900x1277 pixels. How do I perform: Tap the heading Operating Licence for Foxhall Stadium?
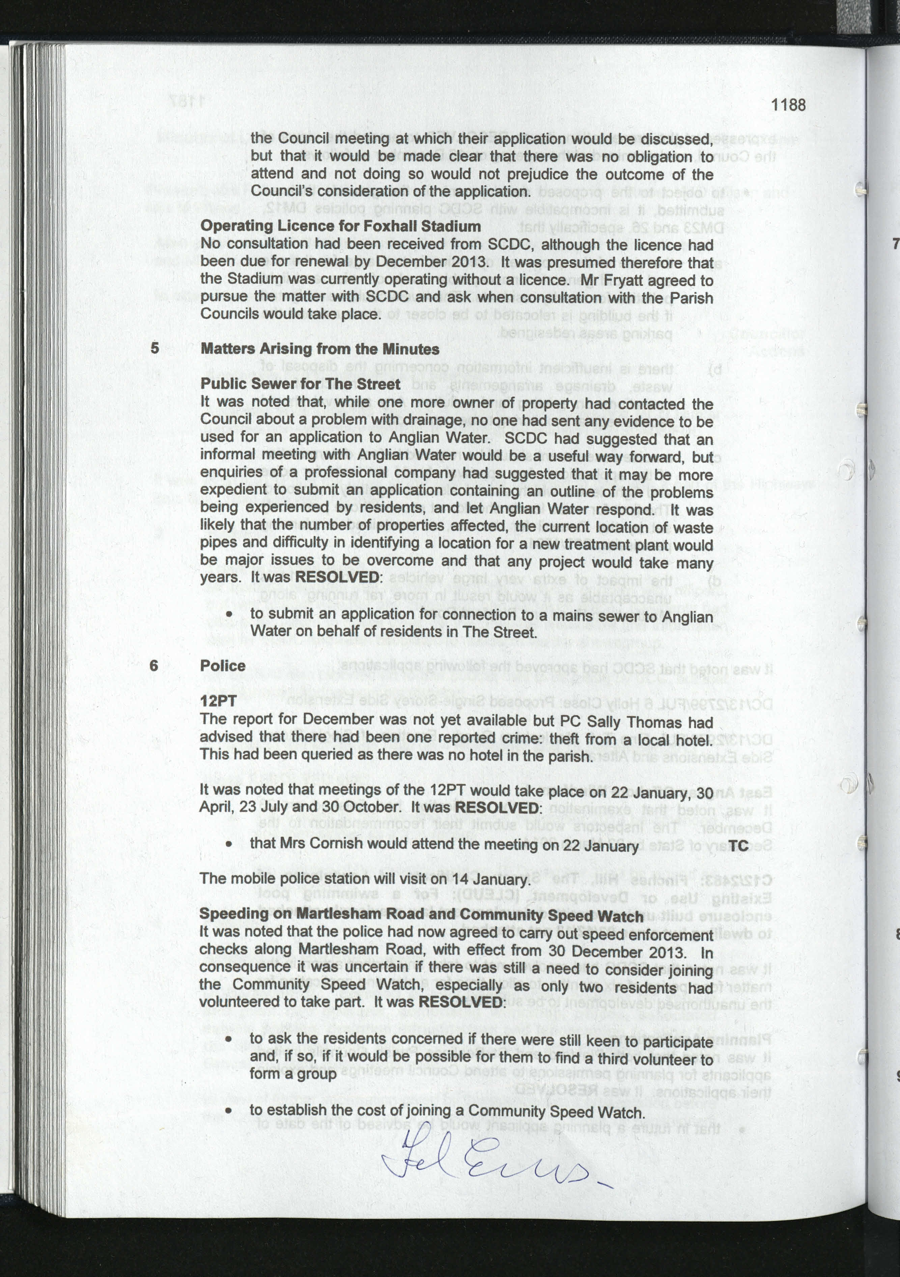coord(340,226)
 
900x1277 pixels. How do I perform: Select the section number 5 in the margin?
coord(154,348)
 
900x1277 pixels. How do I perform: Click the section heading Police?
coord(223,666)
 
